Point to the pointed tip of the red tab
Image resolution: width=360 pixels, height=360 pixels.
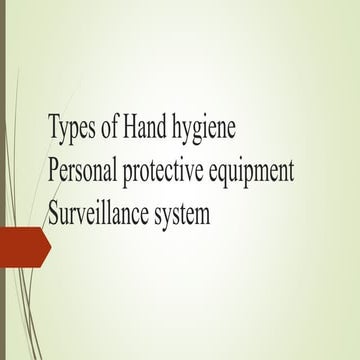(x=50, y=244)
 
